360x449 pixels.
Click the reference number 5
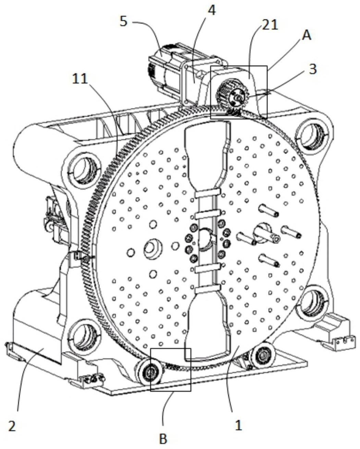coord(124,21)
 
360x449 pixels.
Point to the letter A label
coord(306,36)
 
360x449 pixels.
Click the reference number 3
coord(312,69)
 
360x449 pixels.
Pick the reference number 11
coord(79,79)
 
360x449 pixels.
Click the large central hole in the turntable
coord(205,238)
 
